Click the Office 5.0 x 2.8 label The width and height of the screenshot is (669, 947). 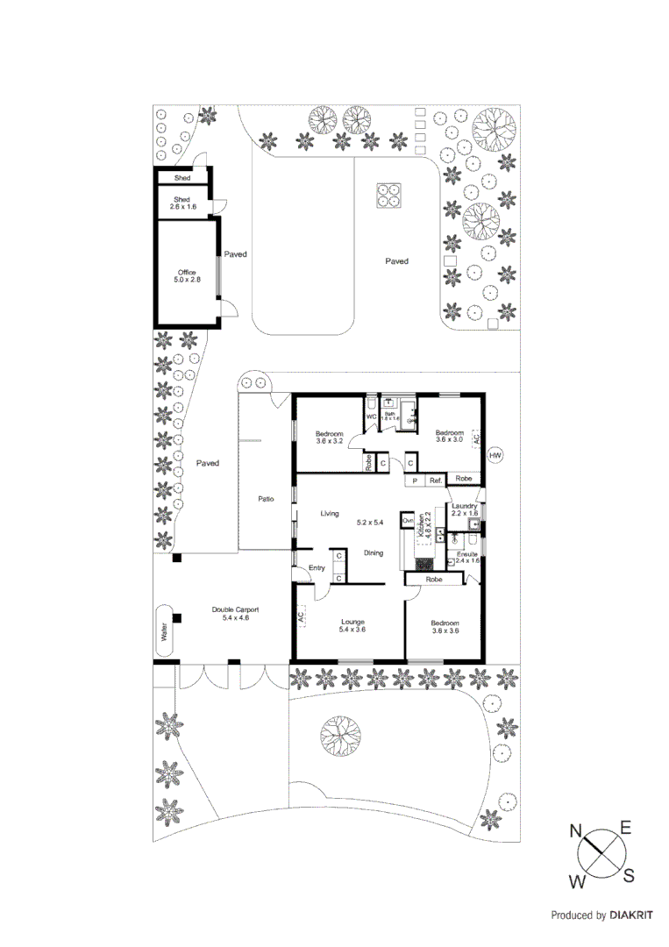(x=186, y=275)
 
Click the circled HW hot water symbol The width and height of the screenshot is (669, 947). (x=495, y=456)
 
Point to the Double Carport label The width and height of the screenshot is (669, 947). (x=235, y=613)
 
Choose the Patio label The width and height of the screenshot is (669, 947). (x=266, y=499)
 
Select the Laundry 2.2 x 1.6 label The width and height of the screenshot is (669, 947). (x=464, y=509)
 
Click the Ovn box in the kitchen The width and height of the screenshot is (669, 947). (x=407, y=521)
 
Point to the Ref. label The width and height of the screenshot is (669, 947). (x=435, y=481)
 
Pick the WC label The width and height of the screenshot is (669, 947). (x=371, y=417)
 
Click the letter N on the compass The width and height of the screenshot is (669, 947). (x=577, y=830)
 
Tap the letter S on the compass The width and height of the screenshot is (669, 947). (x=629, y=875)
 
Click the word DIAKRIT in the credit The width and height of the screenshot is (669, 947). (x=631, y=915)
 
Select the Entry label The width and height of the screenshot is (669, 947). (x=317, y=568)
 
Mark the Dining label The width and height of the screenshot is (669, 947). (x=374, y=552)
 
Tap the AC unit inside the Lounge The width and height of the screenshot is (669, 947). (x=301, y=617)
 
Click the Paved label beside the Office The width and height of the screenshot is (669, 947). (x=235, y=254)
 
